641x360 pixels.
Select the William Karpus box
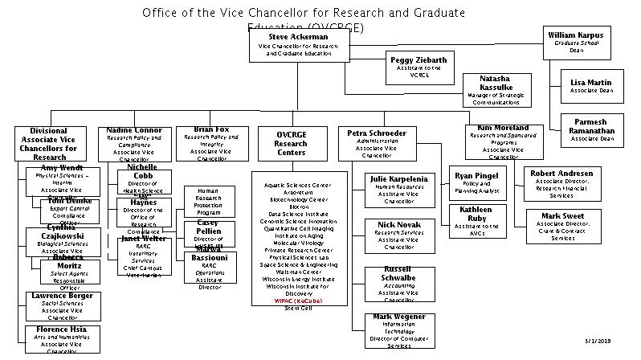576,43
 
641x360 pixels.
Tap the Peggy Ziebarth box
418,66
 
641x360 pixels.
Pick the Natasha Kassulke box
496,90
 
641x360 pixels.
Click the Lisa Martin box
590,86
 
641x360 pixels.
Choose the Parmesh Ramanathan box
591,129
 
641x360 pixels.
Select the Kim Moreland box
503,141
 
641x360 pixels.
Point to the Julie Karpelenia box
398,190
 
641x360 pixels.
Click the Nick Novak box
398,234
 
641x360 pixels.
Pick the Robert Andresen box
561,183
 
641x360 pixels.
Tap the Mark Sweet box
561,226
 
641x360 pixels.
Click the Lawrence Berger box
63,306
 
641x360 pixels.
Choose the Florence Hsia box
63,339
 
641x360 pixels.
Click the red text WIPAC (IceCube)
298,300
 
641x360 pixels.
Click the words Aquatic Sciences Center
298,185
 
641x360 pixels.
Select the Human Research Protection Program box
208,202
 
